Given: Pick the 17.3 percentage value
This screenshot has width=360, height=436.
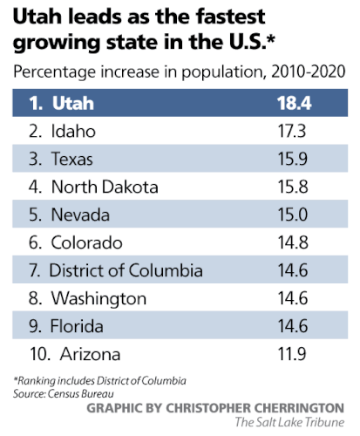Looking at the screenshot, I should (x=281, y=131).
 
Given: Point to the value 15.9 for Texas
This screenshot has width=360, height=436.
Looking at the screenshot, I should (x=281, y=159).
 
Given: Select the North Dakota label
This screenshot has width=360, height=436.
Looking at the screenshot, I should (x=104, y=187).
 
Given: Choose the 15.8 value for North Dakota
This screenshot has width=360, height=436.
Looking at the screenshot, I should (x=281, y=187).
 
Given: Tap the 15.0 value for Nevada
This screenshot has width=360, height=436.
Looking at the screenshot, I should (x=281, y=215).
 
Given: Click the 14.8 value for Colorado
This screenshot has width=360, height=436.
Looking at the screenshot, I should (x=281, y=242).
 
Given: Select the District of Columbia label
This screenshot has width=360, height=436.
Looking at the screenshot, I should (x=126, y=270).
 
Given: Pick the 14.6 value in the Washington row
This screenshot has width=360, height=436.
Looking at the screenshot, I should (x=281, y=298).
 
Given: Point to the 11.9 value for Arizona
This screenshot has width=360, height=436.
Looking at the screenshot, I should (x=281, y=354).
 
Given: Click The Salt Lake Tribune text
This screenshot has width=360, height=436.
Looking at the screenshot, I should (x=289, y=423).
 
